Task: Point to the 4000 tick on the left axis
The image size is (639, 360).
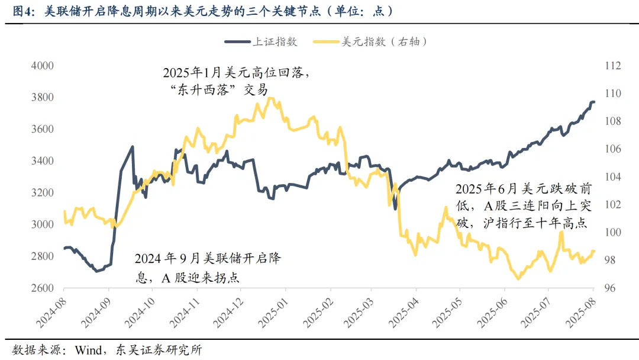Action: (x=42, y=66)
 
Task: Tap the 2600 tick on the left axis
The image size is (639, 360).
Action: (x=42, y=288)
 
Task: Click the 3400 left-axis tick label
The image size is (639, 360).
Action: (x=42, y=161)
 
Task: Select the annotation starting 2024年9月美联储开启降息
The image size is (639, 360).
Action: (x=207, y=268)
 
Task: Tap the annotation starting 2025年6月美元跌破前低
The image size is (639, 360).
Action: (x=523, y=206)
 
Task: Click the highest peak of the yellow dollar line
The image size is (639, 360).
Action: (x=270, y=98)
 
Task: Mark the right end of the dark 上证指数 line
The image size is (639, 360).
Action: (x=594, y=102)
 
